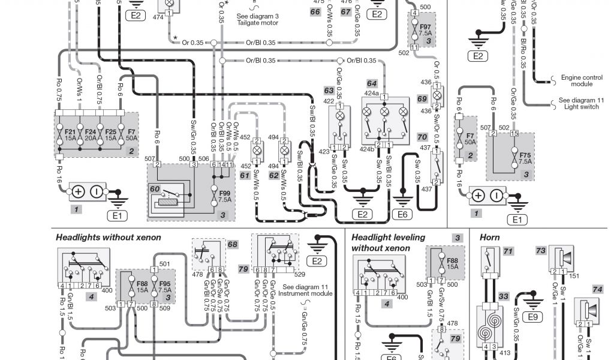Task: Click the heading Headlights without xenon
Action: [109, 238]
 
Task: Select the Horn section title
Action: [490, 238]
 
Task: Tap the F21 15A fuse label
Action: [70, 134]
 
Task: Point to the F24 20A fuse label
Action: [91, 134]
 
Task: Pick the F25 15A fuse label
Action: [111, 134]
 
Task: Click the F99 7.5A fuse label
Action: [225, 196]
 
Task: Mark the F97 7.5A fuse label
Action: [425, 31]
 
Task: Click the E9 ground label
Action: [531, 316]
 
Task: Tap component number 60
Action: [155, 189]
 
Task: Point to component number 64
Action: [372, 83]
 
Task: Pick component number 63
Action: [329, 90]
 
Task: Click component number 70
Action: [422, 137]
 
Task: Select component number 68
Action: [233, 244]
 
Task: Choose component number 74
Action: [597, 289]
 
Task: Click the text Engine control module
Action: [582, 81]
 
